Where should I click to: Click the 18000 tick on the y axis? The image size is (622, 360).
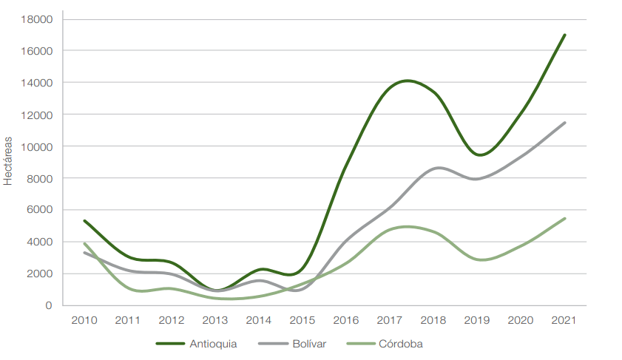coord(38,19)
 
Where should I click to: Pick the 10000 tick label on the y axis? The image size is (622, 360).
coord(38,146)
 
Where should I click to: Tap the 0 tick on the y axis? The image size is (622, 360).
coord(49,305)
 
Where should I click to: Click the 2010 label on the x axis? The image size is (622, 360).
coord(84,320)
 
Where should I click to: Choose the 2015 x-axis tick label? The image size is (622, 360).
coord(302,320)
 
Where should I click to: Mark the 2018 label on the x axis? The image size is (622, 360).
coord(433,320)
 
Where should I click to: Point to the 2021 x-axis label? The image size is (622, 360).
coord(565,320)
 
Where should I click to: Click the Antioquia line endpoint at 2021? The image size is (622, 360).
coord(565,35)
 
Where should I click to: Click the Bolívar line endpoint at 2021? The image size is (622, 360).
coord(565,123)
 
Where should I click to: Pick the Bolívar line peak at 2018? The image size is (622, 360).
coord(439,168)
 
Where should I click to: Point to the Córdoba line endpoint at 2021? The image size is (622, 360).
coord(565,218)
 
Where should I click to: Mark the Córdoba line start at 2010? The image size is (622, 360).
coord(84,243)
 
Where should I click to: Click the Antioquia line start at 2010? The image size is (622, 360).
coord(84,220)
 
